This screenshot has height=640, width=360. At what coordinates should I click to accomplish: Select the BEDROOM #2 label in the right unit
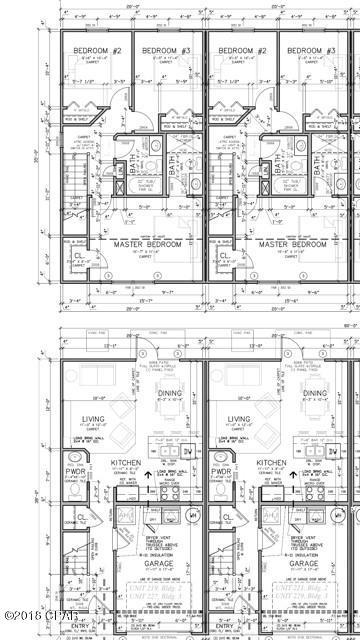240,50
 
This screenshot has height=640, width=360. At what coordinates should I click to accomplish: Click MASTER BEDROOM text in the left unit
129,244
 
